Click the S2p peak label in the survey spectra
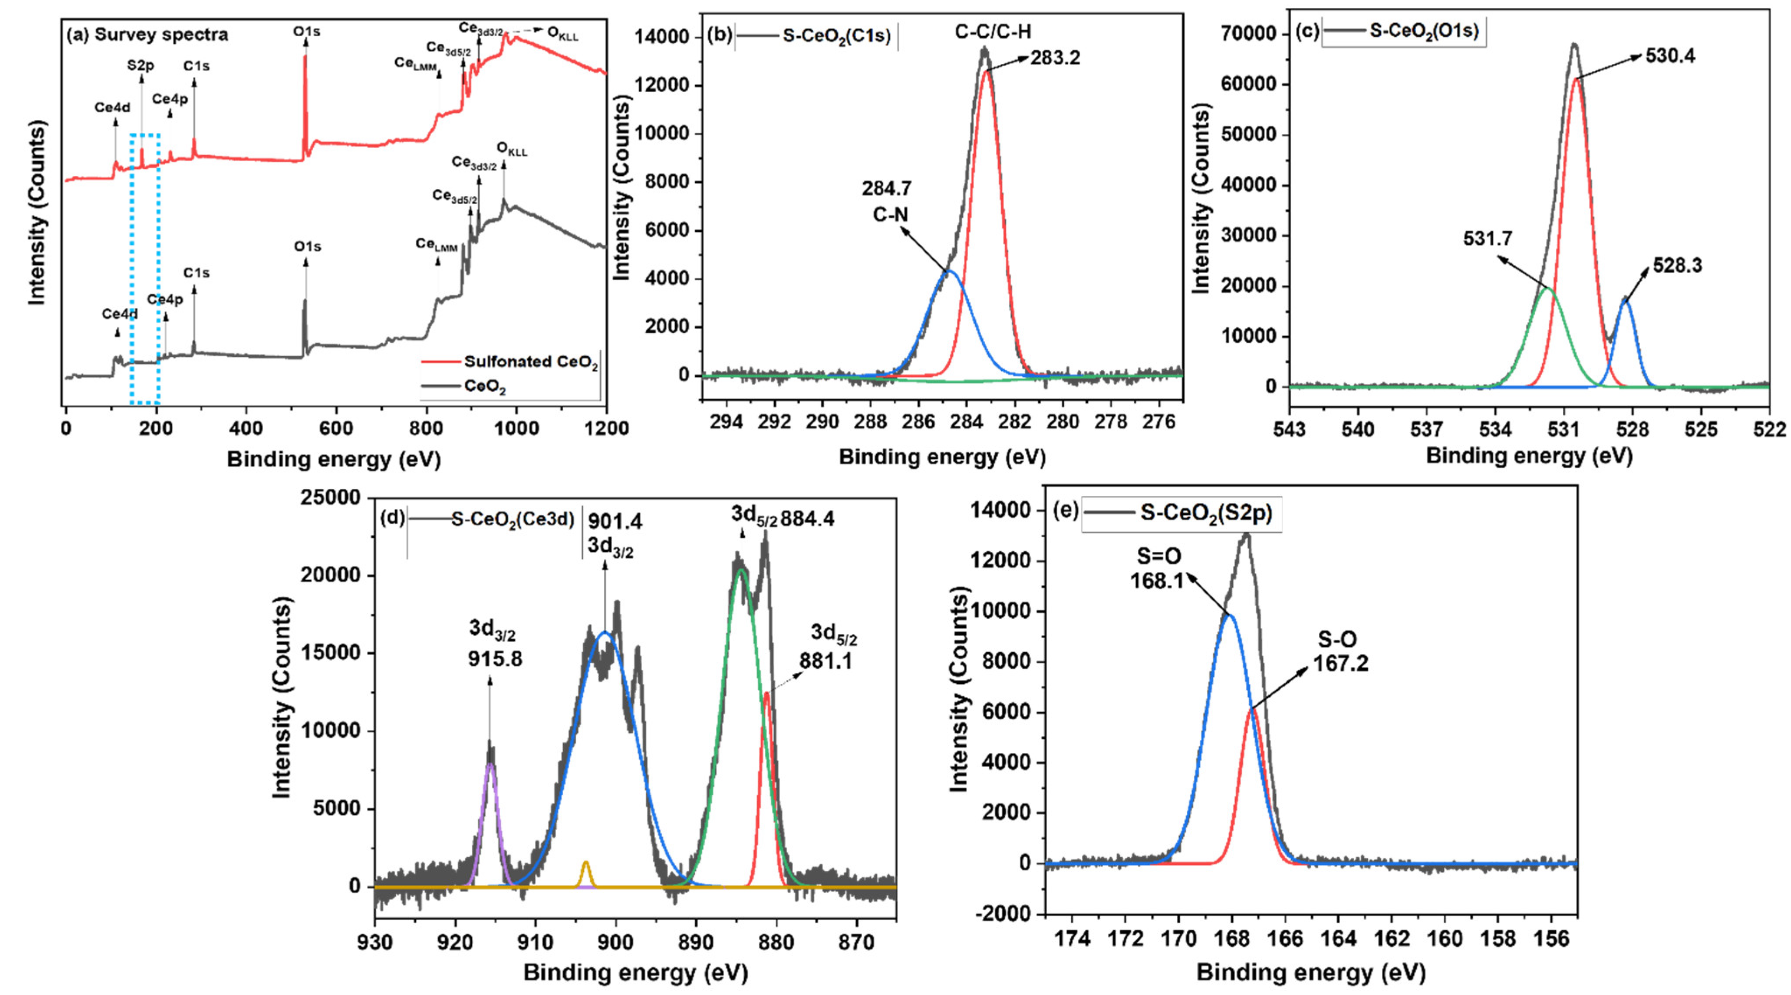click(x=140, y=66)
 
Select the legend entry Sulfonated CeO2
click(x=530, y=362)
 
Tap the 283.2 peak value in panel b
click(x=1056, y=58)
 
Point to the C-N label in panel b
click(x=890, y=215)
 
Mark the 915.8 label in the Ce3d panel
click(x=495, y=658)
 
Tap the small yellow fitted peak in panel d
click(x=585, y=864)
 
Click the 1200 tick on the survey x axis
click(x=606, y=428)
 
